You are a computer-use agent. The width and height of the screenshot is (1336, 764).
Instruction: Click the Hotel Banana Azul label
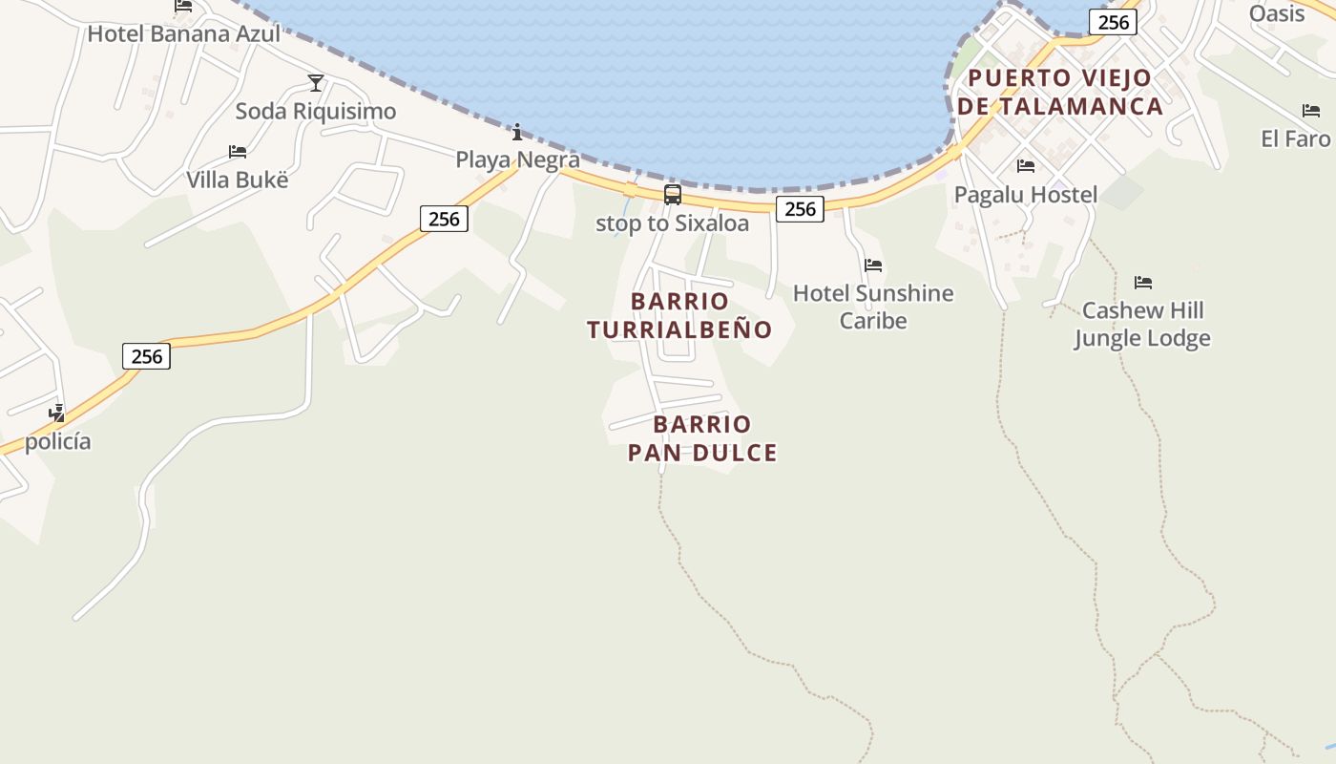(184, 34)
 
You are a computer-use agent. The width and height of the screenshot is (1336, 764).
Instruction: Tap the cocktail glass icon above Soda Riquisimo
(316, 83)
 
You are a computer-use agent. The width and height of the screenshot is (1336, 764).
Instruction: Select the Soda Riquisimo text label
(316, 112)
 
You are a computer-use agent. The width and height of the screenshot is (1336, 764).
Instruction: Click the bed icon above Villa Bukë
(238, 152)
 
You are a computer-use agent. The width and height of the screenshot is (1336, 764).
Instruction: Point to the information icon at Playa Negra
(517, 132)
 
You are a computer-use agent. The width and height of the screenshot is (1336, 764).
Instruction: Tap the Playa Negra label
(517, 159)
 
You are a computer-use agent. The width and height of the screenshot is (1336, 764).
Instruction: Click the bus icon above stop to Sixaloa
(673, 196)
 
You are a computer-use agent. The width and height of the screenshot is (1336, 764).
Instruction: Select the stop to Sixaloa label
(673, 223)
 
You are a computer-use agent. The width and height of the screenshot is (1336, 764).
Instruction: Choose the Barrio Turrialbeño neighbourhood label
(679, 315)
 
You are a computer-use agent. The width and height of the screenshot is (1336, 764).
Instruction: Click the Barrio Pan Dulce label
(703, 438)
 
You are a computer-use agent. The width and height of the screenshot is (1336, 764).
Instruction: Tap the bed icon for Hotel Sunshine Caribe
(873, 265)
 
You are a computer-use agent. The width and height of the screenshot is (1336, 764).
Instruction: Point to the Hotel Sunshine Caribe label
(873, 307)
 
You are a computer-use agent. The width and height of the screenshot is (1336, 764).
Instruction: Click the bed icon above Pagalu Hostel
(1026, 166)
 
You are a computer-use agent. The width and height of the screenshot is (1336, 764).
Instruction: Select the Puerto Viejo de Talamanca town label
(1060, 92)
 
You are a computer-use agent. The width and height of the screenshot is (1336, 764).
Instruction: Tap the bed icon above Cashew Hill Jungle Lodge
(1143, 283)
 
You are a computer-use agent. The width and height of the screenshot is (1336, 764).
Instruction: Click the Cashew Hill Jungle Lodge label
(1142, 325)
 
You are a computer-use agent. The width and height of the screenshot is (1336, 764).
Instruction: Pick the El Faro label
(1295, 138)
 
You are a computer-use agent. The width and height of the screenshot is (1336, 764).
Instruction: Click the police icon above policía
(57, 414)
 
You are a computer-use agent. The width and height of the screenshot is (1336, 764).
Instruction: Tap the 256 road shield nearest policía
(147, 356)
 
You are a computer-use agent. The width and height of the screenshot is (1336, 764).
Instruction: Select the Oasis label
(1277, 13)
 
